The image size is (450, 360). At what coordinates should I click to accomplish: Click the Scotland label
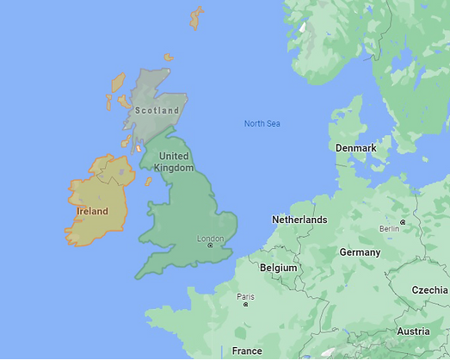[157, 110]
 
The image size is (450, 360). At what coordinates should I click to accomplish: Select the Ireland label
[92, 211]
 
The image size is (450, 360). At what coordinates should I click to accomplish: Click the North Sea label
[262, 124]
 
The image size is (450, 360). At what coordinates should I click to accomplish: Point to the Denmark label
[355, 148]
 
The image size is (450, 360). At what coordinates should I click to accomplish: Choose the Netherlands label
[299, 220]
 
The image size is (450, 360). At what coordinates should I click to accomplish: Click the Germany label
[360, 252]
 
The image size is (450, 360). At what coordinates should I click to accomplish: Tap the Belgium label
[278, 268]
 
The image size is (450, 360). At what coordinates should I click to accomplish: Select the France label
[247, 351]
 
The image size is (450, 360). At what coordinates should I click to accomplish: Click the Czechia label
[429, 290]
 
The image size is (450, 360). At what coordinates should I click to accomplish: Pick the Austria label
[413, 332]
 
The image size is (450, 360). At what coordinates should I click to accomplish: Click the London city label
[210, 239]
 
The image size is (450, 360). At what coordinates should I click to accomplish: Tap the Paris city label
[245, 297]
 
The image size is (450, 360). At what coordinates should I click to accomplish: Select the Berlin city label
[389, 228]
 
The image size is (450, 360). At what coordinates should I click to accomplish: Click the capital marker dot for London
[210, 246]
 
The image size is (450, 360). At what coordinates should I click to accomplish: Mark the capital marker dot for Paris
[245, 305]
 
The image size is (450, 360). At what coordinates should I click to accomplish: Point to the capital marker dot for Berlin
[402, 222]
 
